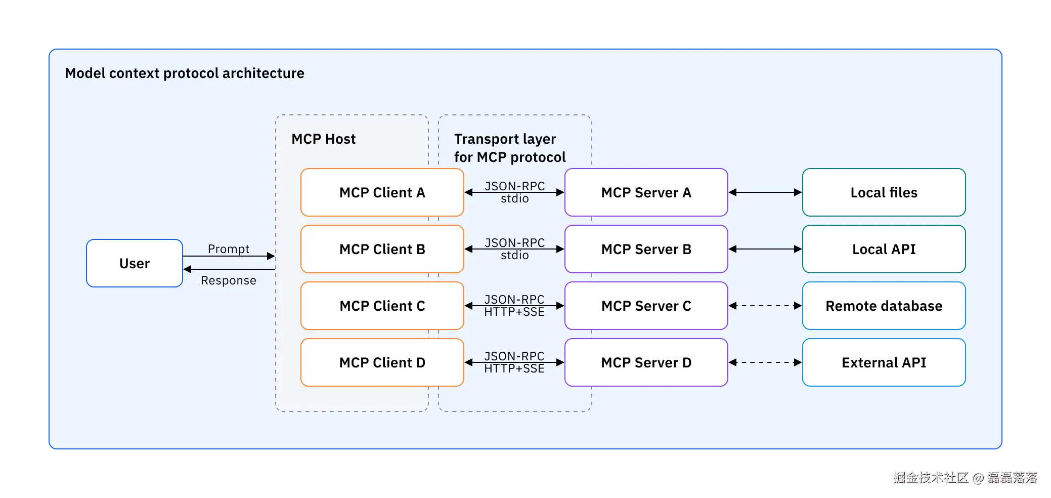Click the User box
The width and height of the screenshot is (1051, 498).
pos(135,263)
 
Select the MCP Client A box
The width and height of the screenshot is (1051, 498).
pos(382,192)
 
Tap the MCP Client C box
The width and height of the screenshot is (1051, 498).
pos(382,306)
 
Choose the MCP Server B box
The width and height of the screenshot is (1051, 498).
pos(646,249)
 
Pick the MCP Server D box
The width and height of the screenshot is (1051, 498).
pos(646,362)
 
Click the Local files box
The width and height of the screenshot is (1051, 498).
pos(884,192)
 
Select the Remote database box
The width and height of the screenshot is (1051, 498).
pos(884,306)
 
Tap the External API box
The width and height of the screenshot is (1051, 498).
pos(884,362)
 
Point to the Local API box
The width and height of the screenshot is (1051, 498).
pos(884,249)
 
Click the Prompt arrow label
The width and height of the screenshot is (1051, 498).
pos(228,249)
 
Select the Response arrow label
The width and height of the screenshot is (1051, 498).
pos(228,280)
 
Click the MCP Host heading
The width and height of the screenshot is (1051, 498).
pos(323,139)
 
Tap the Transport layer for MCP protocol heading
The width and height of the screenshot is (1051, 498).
pos(509,148)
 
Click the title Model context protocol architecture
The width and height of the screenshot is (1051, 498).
pos(185,73)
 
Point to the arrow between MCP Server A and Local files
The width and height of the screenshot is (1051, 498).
pos(765,192)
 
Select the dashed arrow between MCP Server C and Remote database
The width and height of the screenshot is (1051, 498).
pos(765,306)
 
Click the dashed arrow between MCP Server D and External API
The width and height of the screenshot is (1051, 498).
pos(765,362)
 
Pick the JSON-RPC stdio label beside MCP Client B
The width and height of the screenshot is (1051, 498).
pos(514,249)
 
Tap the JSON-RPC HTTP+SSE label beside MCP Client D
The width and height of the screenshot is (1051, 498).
pos(514,362)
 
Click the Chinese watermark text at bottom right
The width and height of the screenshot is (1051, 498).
pos(965,477)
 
